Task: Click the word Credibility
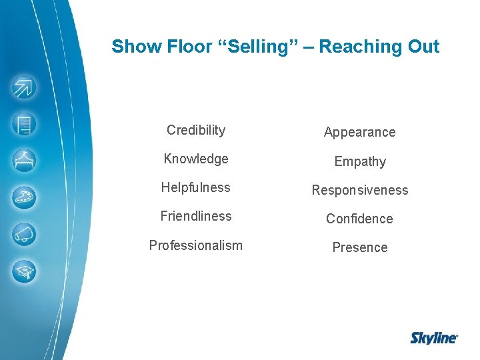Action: tap(196, 130)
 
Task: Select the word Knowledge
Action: tap(196, 159)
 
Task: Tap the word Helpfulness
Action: tap(195, 187)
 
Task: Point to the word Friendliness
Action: tap(196, 216)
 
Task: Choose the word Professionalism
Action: tap(196, 245)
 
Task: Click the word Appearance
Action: tap(359, 132)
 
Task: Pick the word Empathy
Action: tap(360, 161)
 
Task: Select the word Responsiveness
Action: tap(360, 190)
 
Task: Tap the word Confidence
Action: tap(359, 219)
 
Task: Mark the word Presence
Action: tap(360, 247)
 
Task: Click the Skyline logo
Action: tap(433, 338)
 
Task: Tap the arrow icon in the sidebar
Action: tap(25, 87)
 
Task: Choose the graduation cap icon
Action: tap(25, 271)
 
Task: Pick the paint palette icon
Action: tap(25, 197)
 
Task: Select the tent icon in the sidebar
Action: tap(25, 161)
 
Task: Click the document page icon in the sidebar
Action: tap(25, 124)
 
